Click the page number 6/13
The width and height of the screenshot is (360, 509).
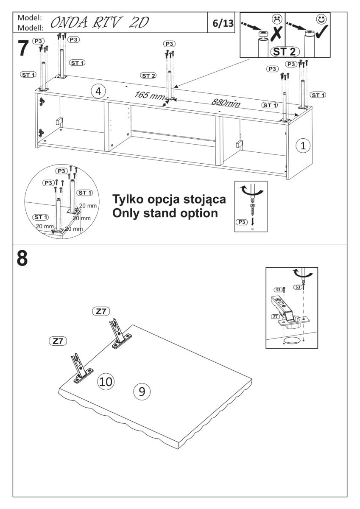[223, 23]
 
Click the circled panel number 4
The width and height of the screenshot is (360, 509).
[98, 91]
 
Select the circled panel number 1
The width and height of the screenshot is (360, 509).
[303, 145]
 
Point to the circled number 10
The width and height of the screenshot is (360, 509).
[106, 381]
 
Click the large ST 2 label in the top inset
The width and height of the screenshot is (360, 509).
[285, 52]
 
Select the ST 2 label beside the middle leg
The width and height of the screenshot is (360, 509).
[148, 76]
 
